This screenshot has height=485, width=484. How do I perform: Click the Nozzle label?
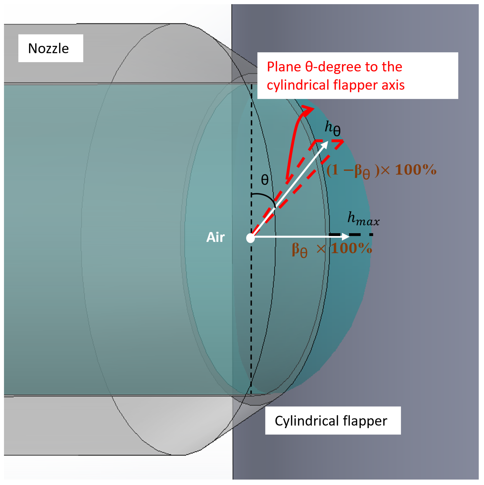coord(48,48)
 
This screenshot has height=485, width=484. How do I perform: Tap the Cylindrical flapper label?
coord(331,421)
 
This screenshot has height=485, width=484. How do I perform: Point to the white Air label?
coord(215,237)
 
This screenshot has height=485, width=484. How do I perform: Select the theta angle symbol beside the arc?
coord(265,180)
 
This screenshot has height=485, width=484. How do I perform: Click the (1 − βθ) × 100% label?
coord(381,170)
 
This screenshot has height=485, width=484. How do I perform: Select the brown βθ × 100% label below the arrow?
coord(332,249)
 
